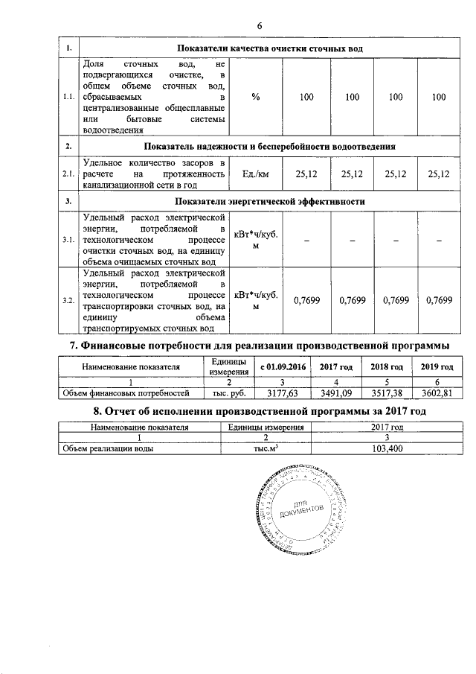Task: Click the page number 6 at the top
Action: click(260, 27)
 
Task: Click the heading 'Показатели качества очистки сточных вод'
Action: click(268, 48)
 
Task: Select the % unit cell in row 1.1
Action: click(255, 97)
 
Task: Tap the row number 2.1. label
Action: click(68, 174)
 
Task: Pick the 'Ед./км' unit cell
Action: click(255, 174)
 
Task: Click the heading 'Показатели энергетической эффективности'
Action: click(268, 202)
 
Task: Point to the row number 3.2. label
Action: click(68, 300)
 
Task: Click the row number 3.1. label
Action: click(68, 241)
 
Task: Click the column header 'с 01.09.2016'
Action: click(283, 367)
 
